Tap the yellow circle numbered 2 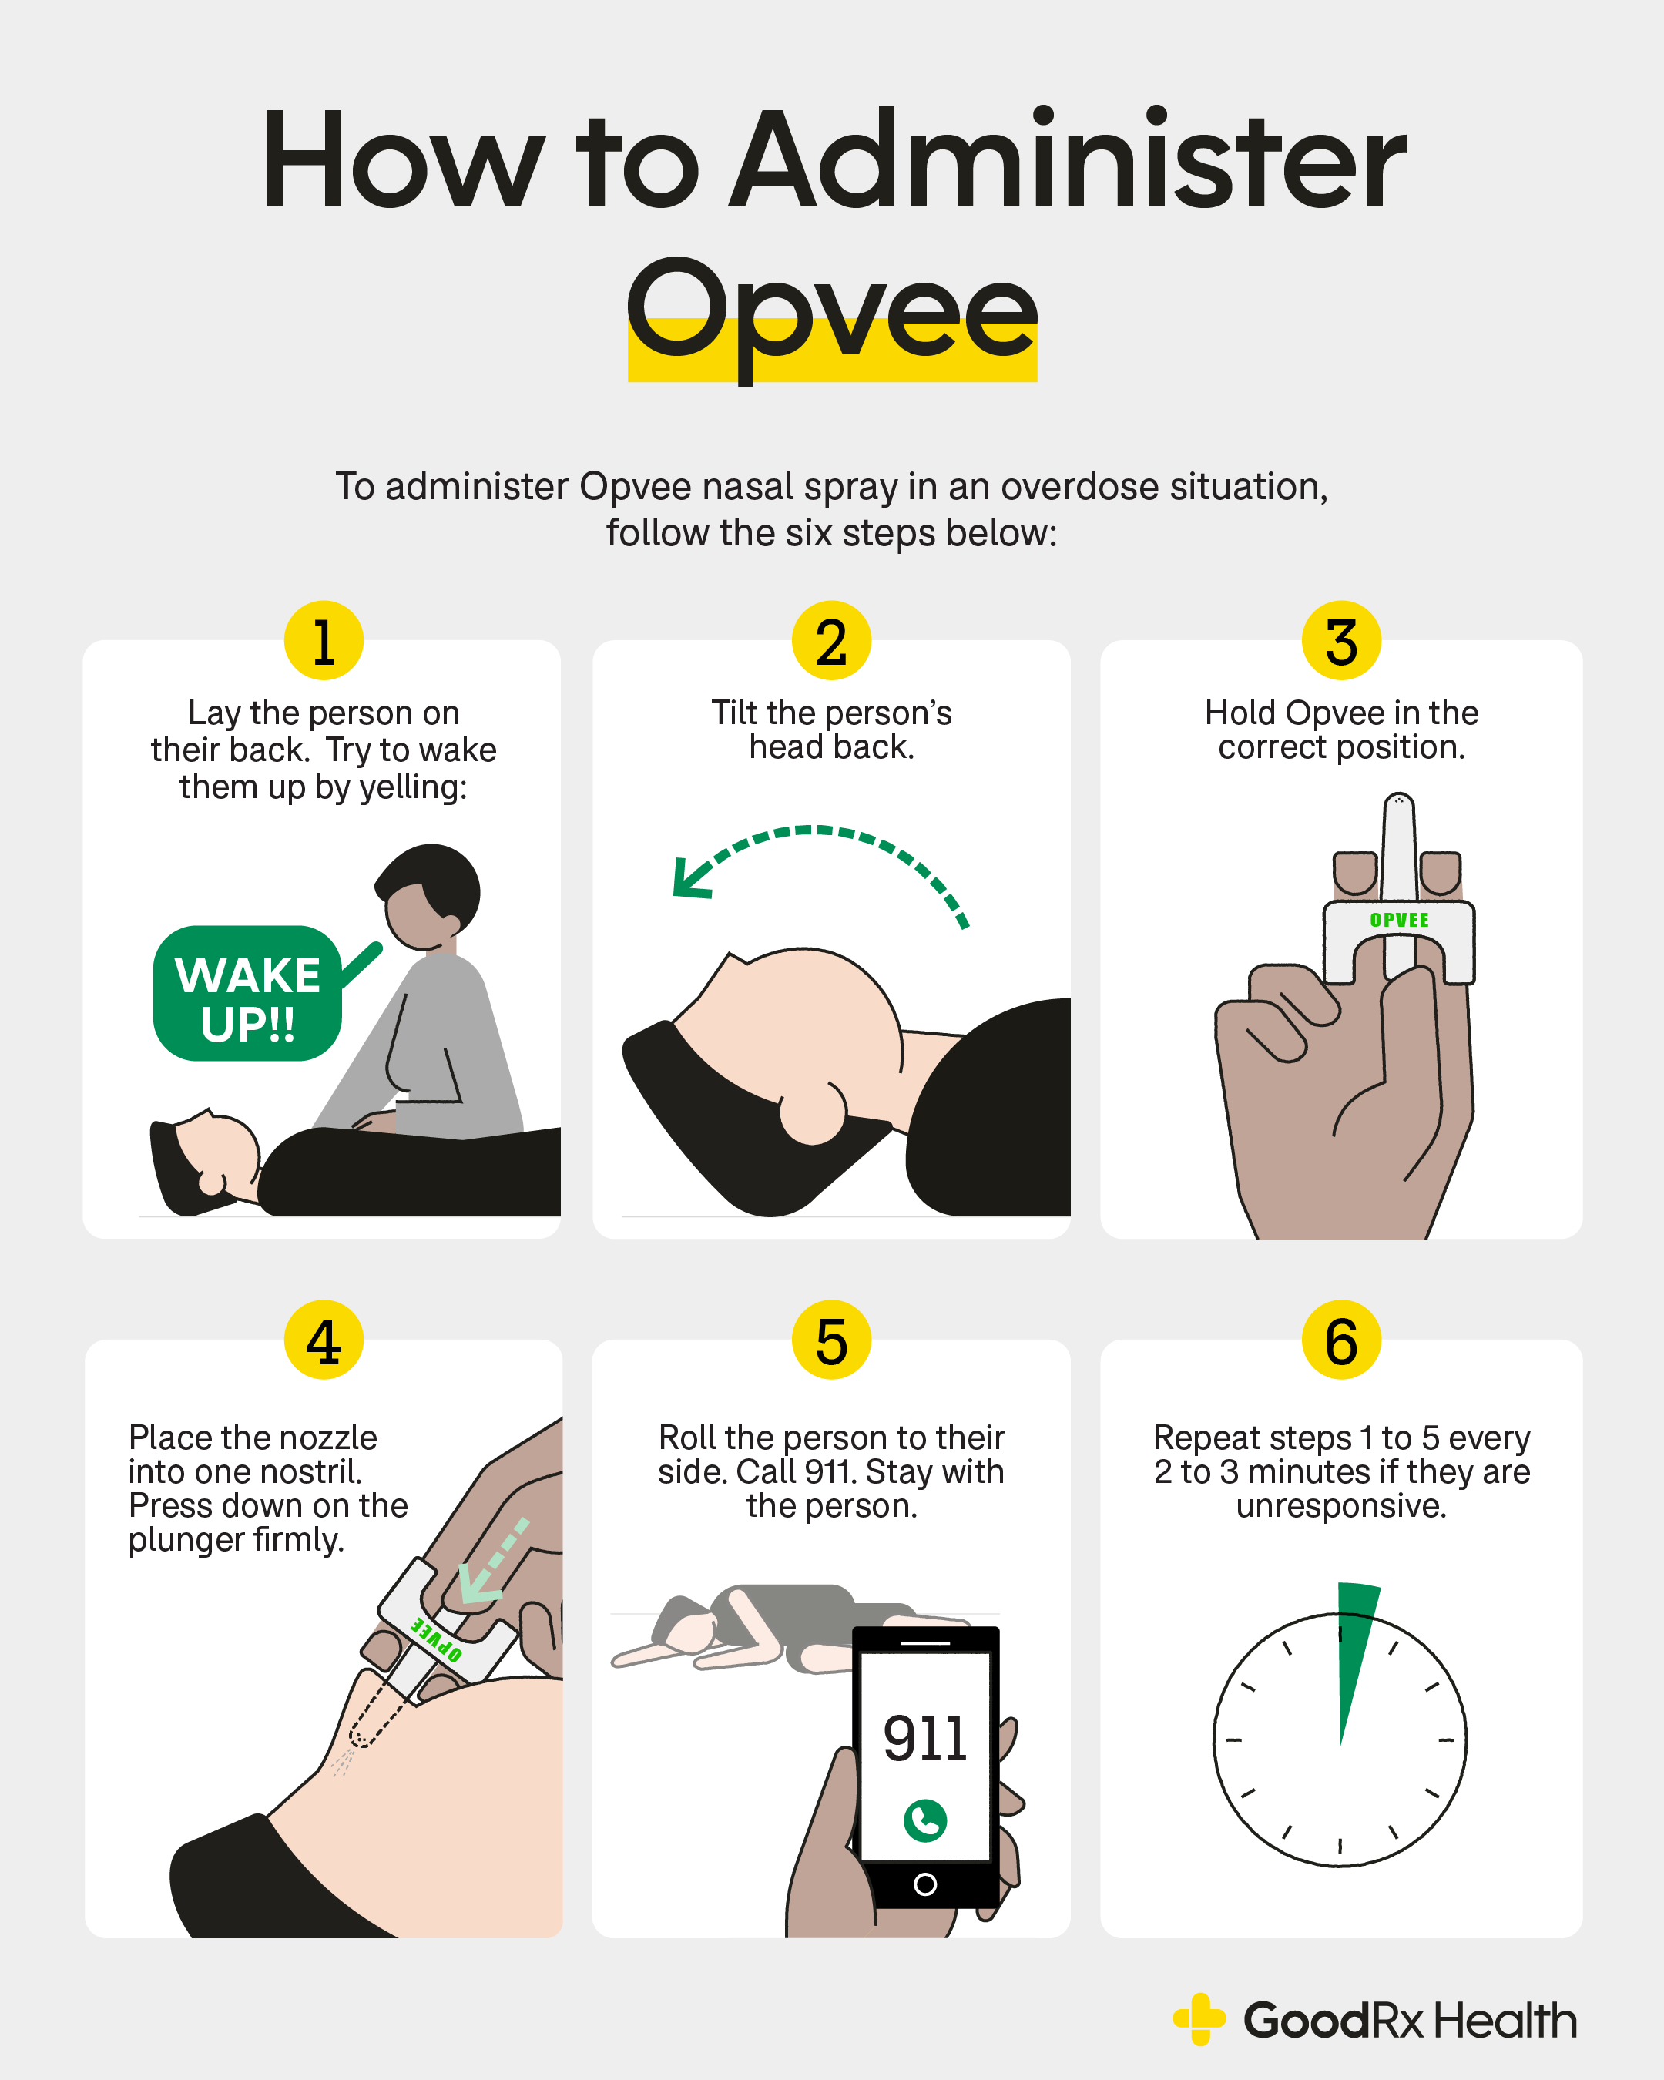tap(831, 641)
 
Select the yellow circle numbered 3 tap(1341, 641)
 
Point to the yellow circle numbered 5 tap(831, 1340)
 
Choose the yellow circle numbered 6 tap(1341, 1340)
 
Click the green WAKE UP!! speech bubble tap(248, 994)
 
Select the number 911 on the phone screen tap(925, 1739)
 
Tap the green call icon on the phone tap(925, 1820)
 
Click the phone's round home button tap(925, 1884)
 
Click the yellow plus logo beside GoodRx tap(1199, 2019)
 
